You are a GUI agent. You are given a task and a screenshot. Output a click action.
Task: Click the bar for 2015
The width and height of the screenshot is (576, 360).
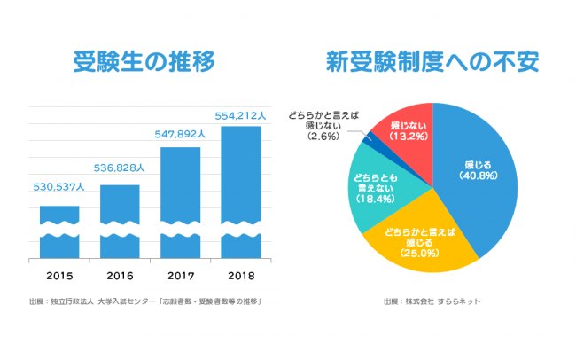59,232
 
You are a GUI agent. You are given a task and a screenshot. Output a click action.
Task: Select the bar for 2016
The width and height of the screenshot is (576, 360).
120,222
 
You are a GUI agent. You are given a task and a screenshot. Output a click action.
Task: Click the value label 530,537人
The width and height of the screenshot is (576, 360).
58,187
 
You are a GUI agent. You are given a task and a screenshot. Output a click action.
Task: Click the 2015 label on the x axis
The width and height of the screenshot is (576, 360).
59,275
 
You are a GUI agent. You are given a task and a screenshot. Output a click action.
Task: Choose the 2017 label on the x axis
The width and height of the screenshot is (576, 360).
180,275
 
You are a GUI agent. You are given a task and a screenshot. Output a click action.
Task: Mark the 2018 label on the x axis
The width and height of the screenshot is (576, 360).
240,275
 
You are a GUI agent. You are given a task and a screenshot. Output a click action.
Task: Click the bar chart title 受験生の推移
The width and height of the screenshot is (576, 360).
144,63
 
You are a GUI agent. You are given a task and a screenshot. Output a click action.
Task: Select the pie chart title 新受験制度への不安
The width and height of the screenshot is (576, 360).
432,63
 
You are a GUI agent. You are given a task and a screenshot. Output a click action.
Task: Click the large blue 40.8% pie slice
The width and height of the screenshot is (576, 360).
479,177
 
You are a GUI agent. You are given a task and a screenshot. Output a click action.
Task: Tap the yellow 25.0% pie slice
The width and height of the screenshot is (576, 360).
416,239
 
